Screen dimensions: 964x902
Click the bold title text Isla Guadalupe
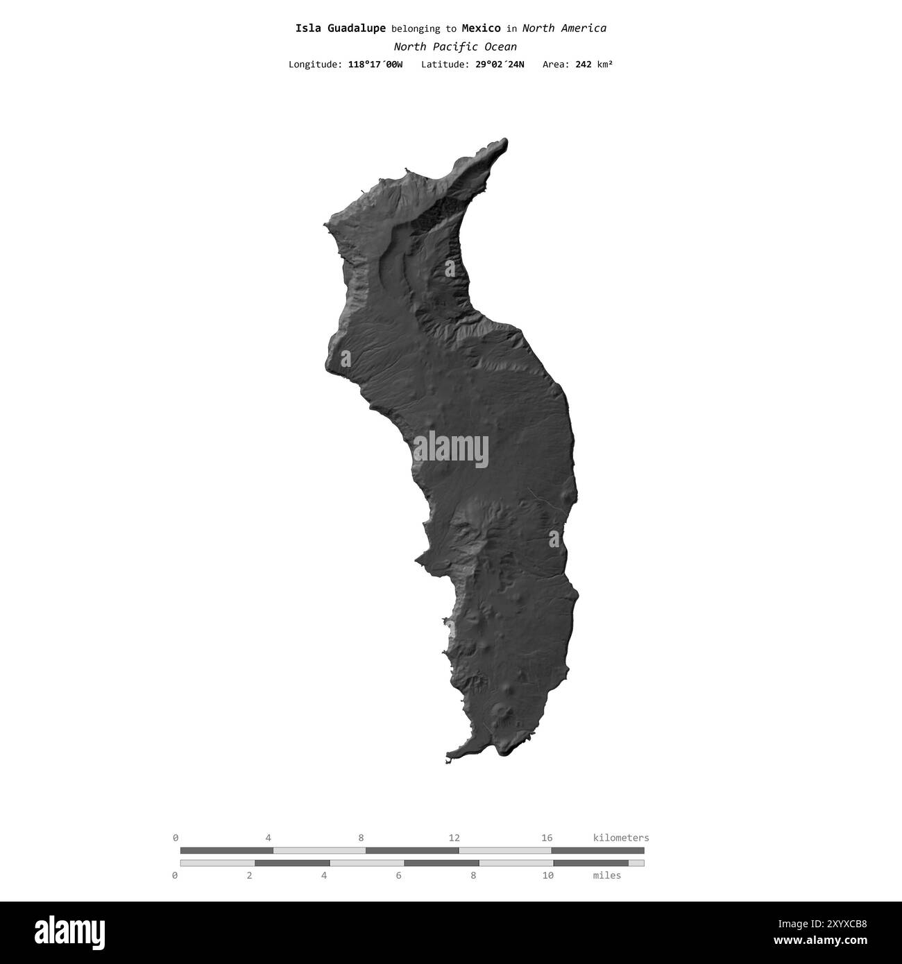pos(340,28)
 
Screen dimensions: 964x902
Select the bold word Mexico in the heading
pos(481,28)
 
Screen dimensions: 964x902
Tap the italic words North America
pos(564,28)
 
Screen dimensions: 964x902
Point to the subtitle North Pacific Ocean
pos(454,47)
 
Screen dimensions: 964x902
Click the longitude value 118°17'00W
pos(375,64)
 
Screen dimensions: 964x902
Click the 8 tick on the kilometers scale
pos(361,838)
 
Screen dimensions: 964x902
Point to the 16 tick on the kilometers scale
pos(547,838)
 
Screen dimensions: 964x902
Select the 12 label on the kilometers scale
pos(454,838)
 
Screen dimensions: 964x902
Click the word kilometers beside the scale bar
pos(621,838)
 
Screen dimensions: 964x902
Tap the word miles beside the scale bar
pos(607,875)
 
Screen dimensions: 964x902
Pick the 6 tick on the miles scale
pos(399,875)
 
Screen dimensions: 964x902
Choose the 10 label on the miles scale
pos(548,875)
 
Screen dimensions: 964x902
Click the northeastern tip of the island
pos(504,141)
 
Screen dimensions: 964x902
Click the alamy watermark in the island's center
pos(451,449)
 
